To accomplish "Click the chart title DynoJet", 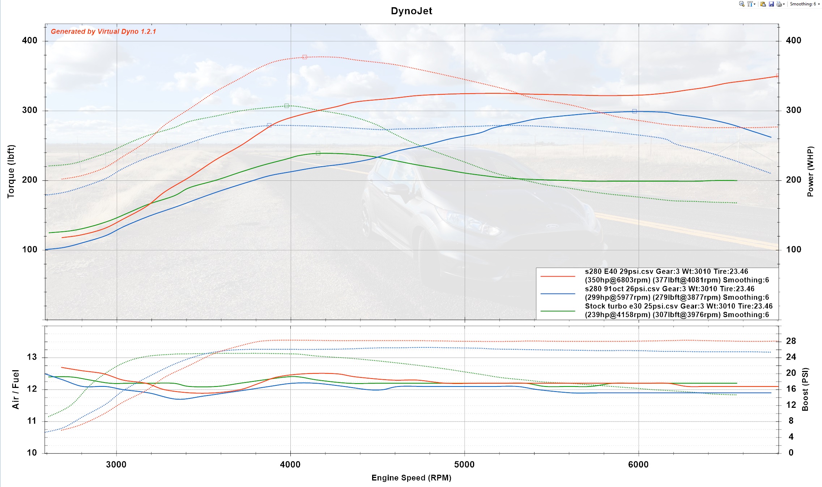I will click(x=411, y=11).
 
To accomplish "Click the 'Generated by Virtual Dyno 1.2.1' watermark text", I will click(x=103, y=31).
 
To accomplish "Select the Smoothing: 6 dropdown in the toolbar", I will click(x=804, y=4).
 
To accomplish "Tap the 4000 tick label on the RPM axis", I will click(x=290, y=465).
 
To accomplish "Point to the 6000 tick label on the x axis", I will click(x=638, y=465).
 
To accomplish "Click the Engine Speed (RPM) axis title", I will click(x=411, y=478).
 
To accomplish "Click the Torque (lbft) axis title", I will click(x=11, y=171).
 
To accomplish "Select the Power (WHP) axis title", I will click(x=810, y=171).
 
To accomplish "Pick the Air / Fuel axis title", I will click(x=15, y=389).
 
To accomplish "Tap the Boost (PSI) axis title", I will click(x=805, y=389).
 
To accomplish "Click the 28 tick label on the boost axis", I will click(x=791, y=341).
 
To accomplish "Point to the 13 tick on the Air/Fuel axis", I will click(x=32, y=357).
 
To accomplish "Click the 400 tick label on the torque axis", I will click(x=30, y=40).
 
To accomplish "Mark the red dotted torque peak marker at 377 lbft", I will click(x=304, y=57).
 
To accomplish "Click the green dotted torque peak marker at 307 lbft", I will click(x=286, y=106).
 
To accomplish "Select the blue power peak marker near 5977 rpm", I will click(x=634, y=111).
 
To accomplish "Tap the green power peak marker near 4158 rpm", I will click(x=318, y=153).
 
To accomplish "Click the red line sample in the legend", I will click(x=558, y=276).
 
